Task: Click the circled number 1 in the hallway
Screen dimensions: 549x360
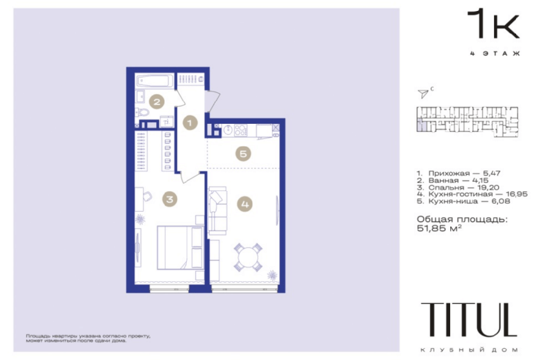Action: (190, 123)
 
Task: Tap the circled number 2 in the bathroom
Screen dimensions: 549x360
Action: (157, 102)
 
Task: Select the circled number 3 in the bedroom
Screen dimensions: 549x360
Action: (170, 200)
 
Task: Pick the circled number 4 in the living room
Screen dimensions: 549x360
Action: (245, 204)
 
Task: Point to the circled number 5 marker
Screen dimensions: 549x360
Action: (243, 153)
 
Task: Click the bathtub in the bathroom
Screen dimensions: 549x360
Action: (155, 81)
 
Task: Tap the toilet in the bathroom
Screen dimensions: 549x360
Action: (142, 113)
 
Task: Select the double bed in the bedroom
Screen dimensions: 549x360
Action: (181, 248)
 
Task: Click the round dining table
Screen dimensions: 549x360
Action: (248, 257)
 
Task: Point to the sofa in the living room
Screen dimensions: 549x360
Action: (217, 211)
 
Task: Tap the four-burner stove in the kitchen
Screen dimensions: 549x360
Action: (240, 131)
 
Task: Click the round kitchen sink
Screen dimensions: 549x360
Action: (228, 131)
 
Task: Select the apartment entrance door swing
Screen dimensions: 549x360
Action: (213, 101)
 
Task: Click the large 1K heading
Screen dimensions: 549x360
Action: (493, 24)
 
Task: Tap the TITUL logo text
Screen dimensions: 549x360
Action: (469, 320)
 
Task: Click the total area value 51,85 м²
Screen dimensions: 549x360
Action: (439, 229)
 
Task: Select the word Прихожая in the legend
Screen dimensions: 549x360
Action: (449, 173)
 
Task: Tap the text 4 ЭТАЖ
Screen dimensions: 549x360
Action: (495, 54)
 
